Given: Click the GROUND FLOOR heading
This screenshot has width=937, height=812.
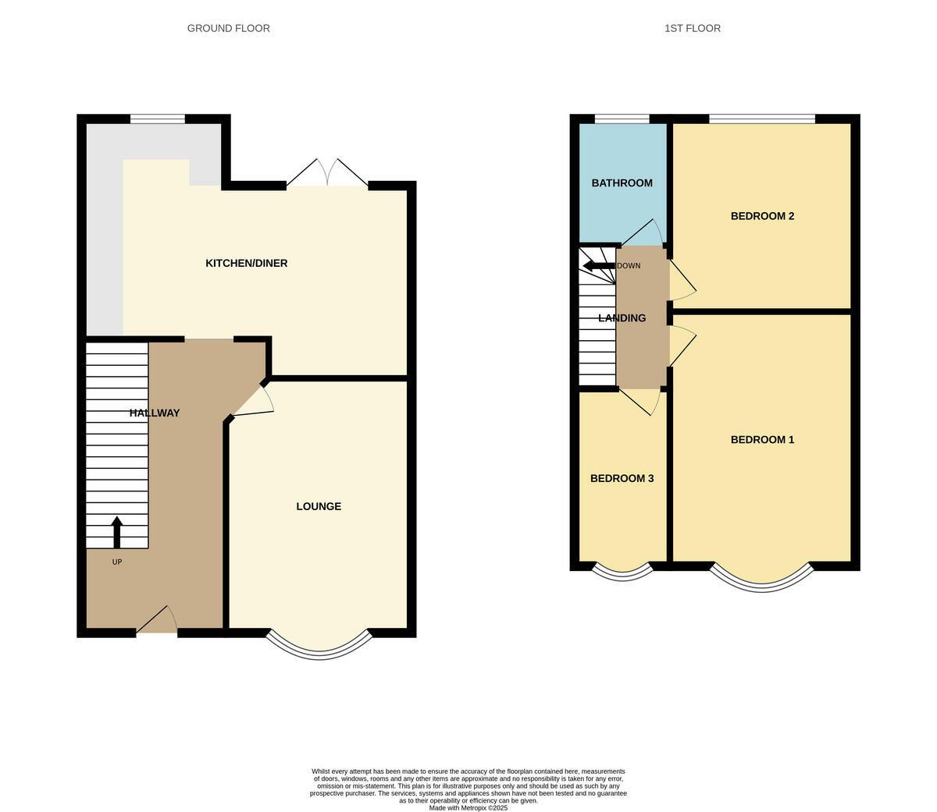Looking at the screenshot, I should click(x=228, y=28).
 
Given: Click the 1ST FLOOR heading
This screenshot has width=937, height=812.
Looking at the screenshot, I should click(x=692, y=28).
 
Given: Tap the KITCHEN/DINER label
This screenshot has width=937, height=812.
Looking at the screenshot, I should click(x=246, y=263).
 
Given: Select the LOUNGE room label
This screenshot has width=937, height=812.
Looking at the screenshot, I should click(x=319, y=506).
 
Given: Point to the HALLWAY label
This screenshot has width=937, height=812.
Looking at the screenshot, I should click(x=155, y=413).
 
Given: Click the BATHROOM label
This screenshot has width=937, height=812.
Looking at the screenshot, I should click(x=622, y=183).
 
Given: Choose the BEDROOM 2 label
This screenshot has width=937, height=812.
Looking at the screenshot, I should click(x=762, y=215).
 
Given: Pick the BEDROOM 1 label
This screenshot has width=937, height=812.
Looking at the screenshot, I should click(x=762, y=439).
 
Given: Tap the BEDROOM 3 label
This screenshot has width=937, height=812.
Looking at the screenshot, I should click(x=622, y=478).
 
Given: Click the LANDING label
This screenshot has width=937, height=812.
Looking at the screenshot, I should click(x=622, y=317).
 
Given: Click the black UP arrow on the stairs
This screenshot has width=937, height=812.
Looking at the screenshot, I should click(x=117, y=532).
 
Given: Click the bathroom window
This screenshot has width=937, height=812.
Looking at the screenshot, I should click(x=622, y=119).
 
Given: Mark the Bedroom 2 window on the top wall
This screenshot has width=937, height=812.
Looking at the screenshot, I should click(x=761, y=119).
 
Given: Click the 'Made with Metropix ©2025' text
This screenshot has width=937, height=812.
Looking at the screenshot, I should click(x=468, y=808).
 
